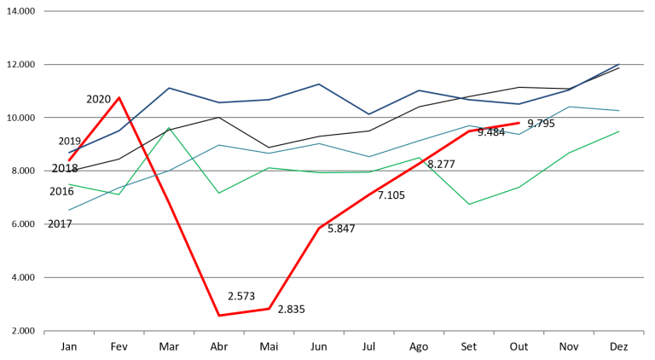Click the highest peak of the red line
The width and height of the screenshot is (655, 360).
click(119, 97)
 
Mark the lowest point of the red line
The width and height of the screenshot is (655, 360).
click(219, 316)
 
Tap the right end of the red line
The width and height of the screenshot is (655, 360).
click(519, 123)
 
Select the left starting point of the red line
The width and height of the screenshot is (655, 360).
click(69, 160)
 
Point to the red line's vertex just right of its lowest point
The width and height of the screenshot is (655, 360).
click(269, 308)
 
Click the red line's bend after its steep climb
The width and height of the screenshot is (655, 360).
click(319, 228)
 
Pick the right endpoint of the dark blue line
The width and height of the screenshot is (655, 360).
click(619, 64)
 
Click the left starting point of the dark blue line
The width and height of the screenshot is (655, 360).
click(69, 153)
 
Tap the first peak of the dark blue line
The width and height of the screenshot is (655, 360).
click(169, 87)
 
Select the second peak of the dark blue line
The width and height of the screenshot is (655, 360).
click(319, 84)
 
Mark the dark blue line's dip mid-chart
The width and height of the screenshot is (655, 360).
click(368, 113)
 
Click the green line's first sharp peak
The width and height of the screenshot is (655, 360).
click(169, 127)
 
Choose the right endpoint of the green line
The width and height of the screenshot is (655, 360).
click(619, 131)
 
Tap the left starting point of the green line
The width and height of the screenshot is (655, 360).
click(69, 184)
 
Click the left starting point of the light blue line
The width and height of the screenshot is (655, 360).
click(69, 210)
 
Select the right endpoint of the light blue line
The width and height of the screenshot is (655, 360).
click(619, 111)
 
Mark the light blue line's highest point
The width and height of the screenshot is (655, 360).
click(569, 107)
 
